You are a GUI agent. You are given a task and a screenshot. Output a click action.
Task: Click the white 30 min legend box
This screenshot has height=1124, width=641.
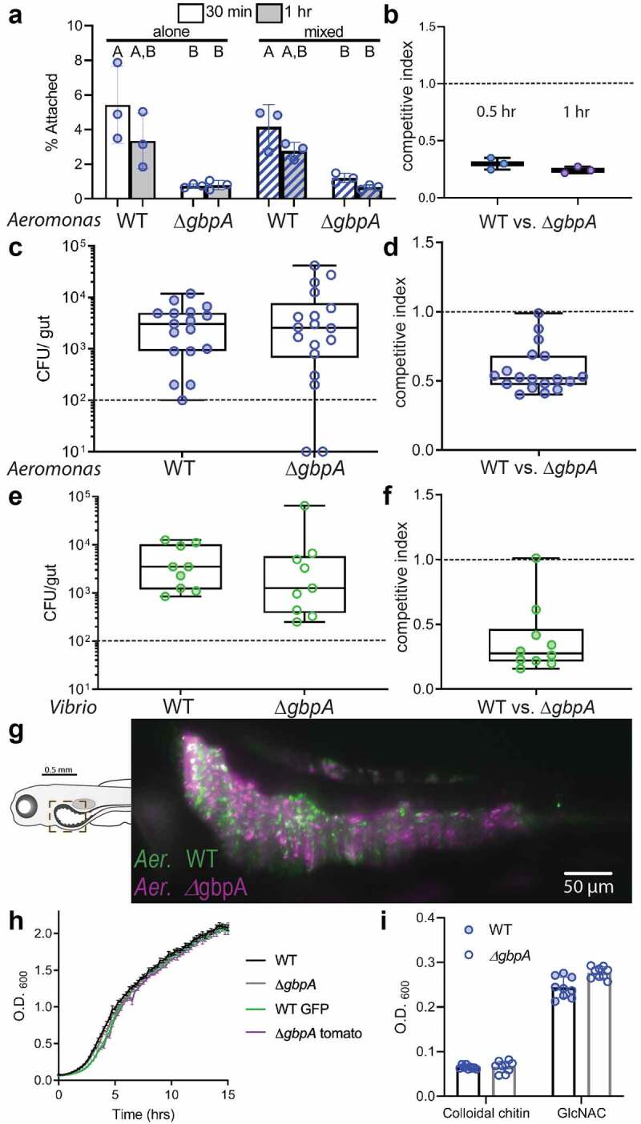(x=191, y=12)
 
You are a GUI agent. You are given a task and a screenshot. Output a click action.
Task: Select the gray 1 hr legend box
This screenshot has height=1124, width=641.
(x=269, y=12)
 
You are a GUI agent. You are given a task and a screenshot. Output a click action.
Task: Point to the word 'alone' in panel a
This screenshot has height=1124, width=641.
(x=171, y=32)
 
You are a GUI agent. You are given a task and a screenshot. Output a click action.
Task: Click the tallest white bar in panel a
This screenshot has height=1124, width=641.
(x=118, y=152)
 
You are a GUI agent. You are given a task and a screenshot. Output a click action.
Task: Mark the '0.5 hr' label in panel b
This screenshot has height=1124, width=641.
(x=496, y=111)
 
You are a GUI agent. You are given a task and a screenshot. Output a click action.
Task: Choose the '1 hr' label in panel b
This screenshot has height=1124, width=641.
(x=575, y=111)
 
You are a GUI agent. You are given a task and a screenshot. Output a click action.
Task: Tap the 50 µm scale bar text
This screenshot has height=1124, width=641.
(x=588, y=887)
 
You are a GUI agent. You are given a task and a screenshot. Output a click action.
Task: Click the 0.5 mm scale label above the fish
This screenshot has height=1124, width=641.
(x=58, y=769)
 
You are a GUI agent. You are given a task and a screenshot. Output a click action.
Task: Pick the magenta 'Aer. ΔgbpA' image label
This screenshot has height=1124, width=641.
(x=191, y=888)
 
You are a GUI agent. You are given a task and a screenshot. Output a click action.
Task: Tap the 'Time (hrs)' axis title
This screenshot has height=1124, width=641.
(x=143, y=1114)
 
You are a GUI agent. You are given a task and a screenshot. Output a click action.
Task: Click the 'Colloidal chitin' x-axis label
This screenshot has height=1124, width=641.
(x=486, y=1113)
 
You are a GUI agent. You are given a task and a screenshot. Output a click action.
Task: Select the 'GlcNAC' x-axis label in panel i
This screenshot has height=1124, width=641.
(x=581, y=1113)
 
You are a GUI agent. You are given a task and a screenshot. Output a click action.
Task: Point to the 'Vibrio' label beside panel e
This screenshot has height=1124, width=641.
(x=73, y=708)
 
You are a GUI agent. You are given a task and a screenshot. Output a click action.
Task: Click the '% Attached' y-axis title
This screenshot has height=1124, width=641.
(x=52, y=111)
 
